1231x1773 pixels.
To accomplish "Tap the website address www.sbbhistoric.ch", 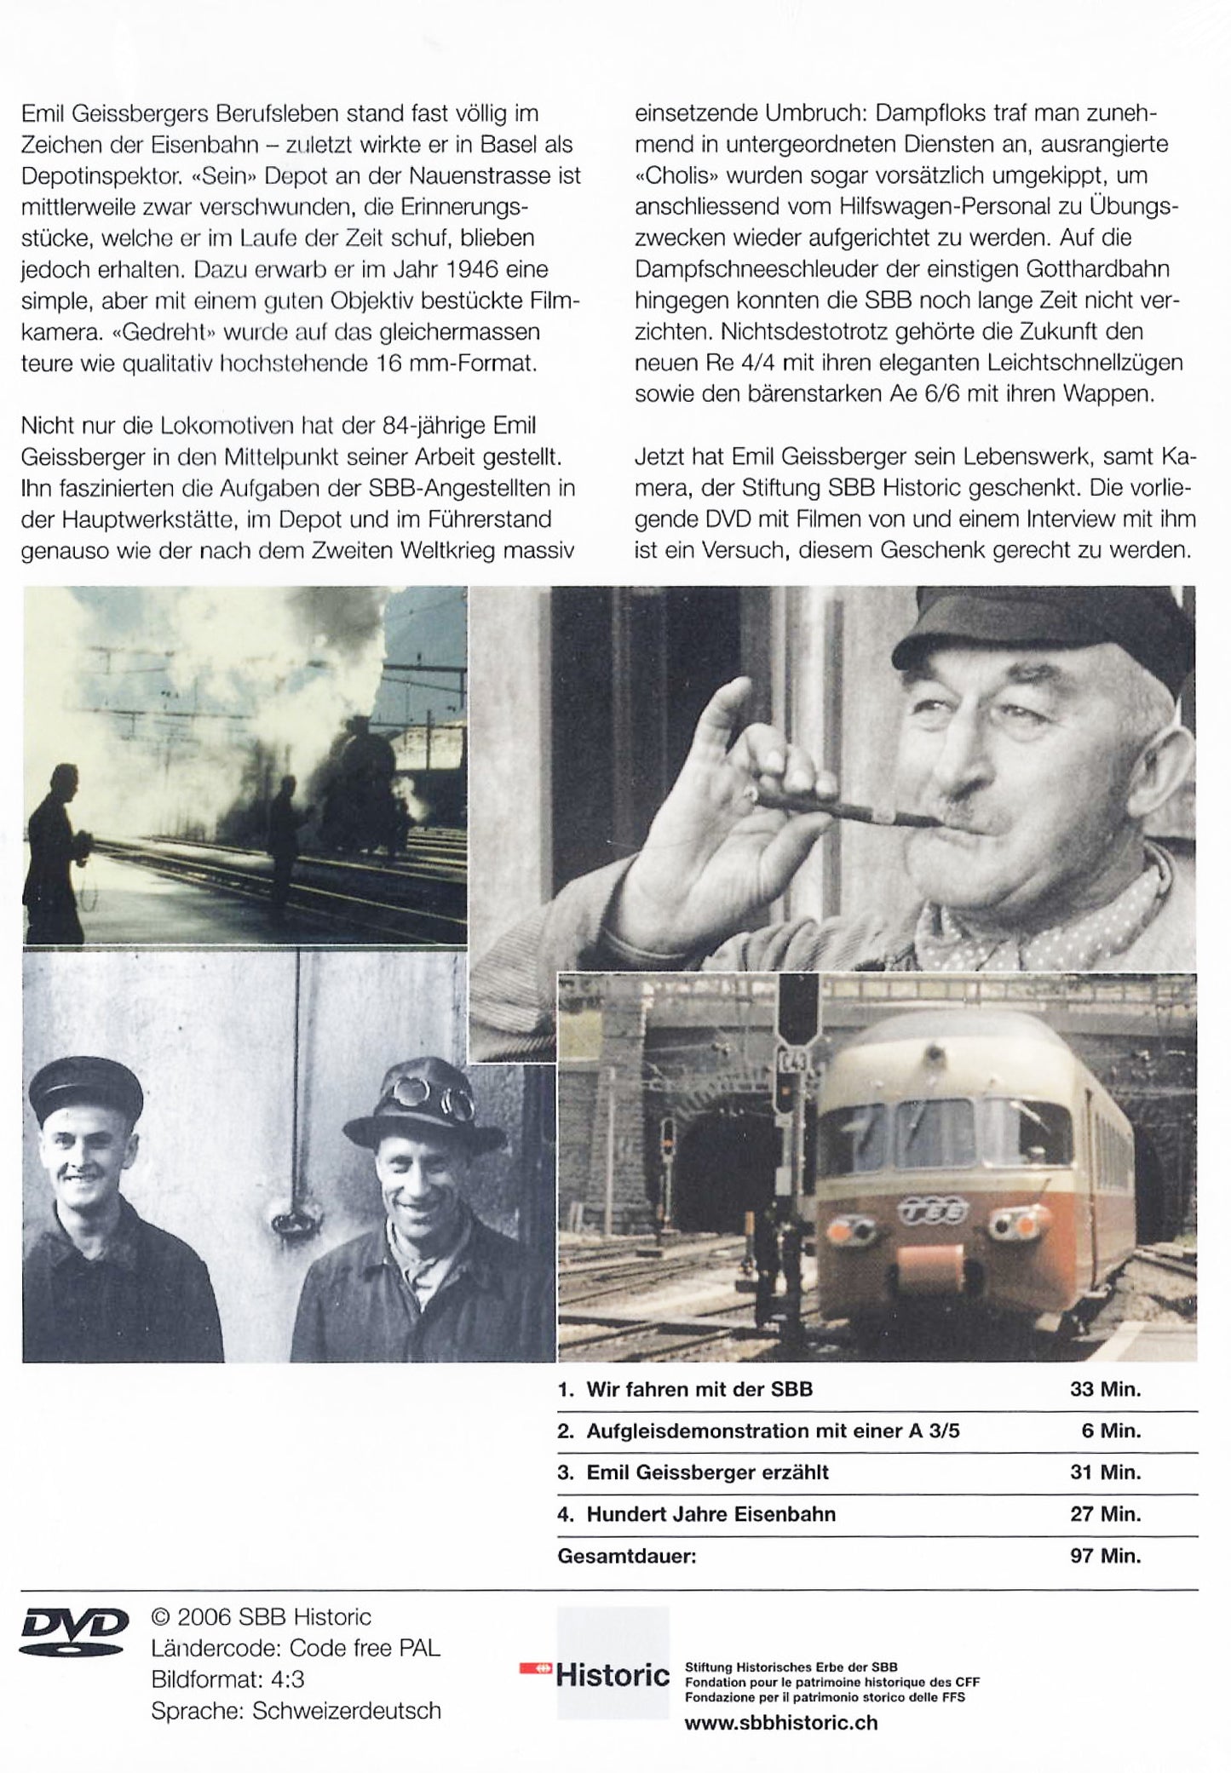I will click(780, 1722).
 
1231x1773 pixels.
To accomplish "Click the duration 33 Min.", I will click(1105, 1389).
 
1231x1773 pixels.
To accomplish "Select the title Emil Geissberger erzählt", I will click(707, 1472).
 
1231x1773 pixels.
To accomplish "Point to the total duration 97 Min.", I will click(1105, 1556).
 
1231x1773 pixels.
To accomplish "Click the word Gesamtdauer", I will click(626, 1556).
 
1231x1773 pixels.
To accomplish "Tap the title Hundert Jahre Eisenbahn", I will click(710, 1514).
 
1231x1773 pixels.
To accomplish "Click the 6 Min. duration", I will click(1111, 1431).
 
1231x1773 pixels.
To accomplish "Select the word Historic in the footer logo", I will click(613, 1675).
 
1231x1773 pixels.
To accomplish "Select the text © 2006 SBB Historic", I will click(261, 1616).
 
